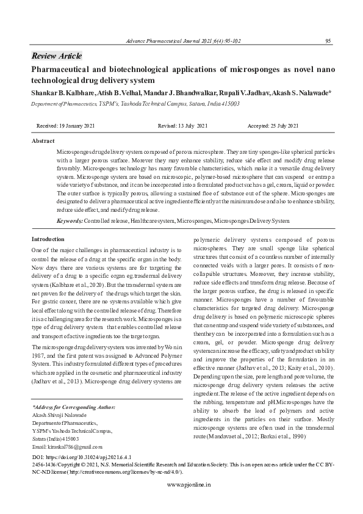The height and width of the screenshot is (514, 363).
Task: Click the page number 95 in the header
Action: [328, 41]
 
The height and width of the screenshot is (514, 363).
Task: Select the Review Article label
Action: [57, 56]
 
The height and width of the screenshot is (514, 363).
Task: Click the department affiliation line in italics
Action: [135, 104]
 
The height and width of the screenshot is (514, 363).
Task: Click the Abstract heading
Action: [43, 141]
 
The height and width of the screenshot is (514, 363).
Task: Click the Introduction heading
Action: [48, 239]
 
